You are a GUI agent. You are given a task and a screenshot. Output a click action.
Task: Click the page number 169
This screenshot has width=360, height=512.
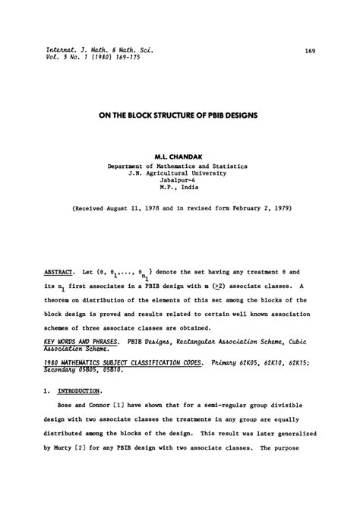[x=310, y=51]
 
